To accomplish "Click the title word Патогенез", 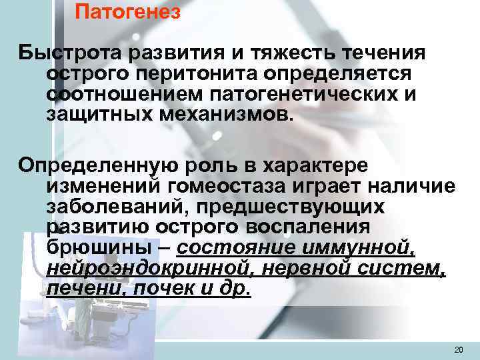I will pyautogui.click(x=127, y=13).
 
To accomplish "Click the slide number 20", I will pyautogui.click(x=458, y=349).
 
